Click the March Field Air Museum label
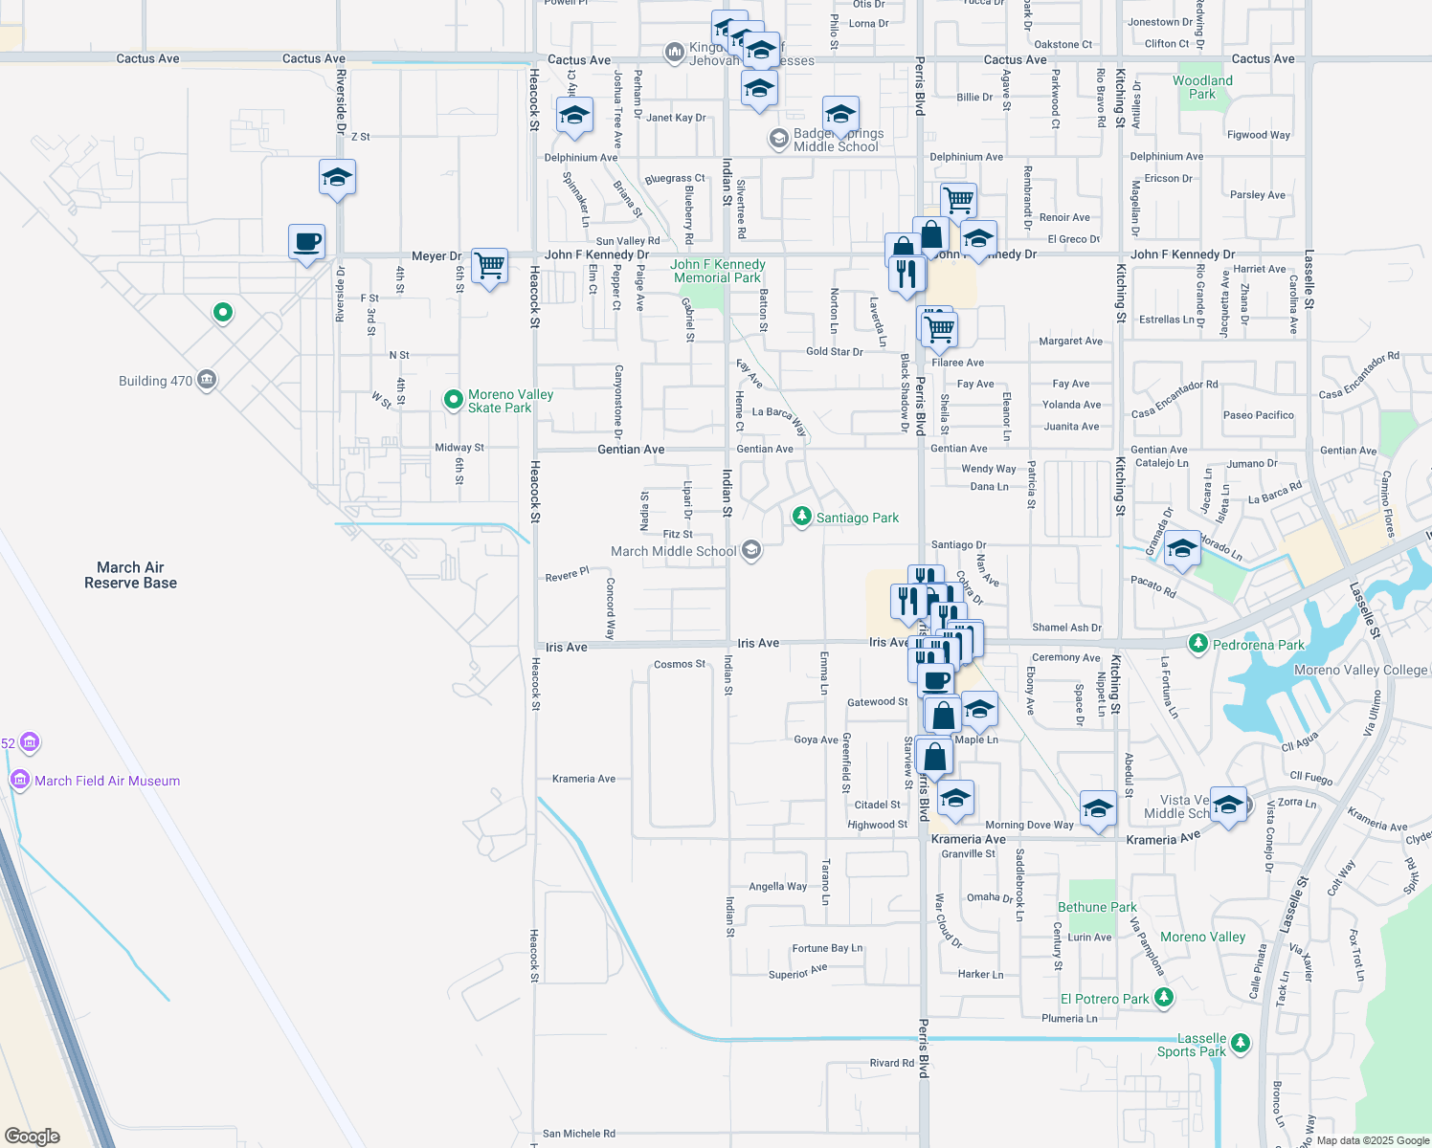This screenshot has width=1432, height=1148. coord(107,781)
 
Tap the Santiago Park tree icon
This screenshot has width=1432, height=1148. coord(801,517)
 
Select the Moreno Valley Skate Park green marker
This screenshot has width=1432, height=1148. coord(454,400)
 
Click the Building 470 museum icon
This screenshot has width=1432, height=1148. coord(206,381)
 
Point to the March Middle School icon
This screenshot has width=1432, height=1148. coord(751,550)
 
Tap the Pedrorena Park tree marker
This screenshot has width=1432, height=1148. coord(1197,644)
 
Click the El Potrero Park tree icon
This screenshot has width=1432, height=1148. coord(1163,998)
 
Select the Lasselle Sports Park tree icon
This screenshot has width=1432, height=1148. coord(1241,1043)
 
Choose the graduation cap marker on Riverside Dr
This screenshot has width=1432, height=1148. coord(337,177)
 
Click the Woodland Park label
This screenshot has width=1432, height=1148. coord(1202,87)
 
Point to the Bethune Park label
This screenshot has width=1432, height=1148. coord(1097,907)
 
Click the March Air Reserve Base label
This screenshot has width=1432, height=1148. coord(130,575)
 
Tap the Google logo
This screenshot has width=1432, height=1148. coord(33,1136)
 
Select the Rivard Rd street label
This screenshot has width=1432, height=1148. coord(891,1063)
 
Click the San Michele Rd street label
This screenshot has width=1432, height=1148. coord(578,1134)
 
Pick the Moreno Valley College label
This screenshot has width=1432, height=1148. coord(1360,670)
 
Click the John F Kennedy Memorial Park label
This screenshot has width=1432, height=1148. coord(717,271)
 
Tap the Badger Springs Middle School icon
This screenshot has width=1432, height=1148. coord(778,140)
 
